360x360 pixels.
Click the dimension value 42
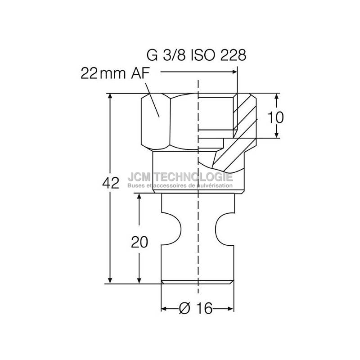click(x=111, y=183)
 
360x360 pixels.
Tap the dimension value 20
click(x=139, y=242)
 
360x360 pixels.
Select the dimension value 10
click(x=275, y=117)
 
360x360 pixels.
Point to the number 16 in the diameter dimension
click(x=204, y=308)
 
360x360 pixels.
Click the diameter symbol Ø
click(x=184, y=308)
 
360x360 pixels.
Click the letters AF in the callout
click(x=140, y=73)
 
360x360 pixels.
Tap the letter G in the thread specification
click(x=152, y=55)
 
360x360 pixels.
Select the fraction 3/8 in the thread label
click(x=174, y=55)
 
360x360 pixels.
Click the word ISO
click(x=203, y=55)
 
